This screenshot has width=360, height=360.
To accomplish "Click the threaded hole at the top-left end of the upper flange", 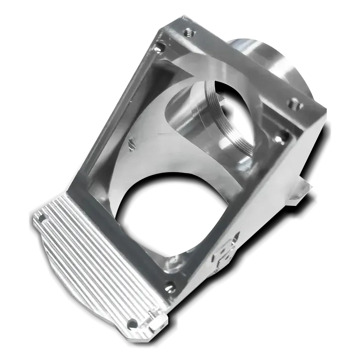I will pyautogui.click(x=188, y=34).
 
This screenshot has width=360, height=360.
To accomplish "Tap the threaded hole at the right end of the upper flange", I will pyautogui.click(x=294, y=104).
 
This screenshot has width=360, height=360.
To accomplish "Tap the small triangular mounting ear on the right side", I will pyautogui.click(x=300, y=190).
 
